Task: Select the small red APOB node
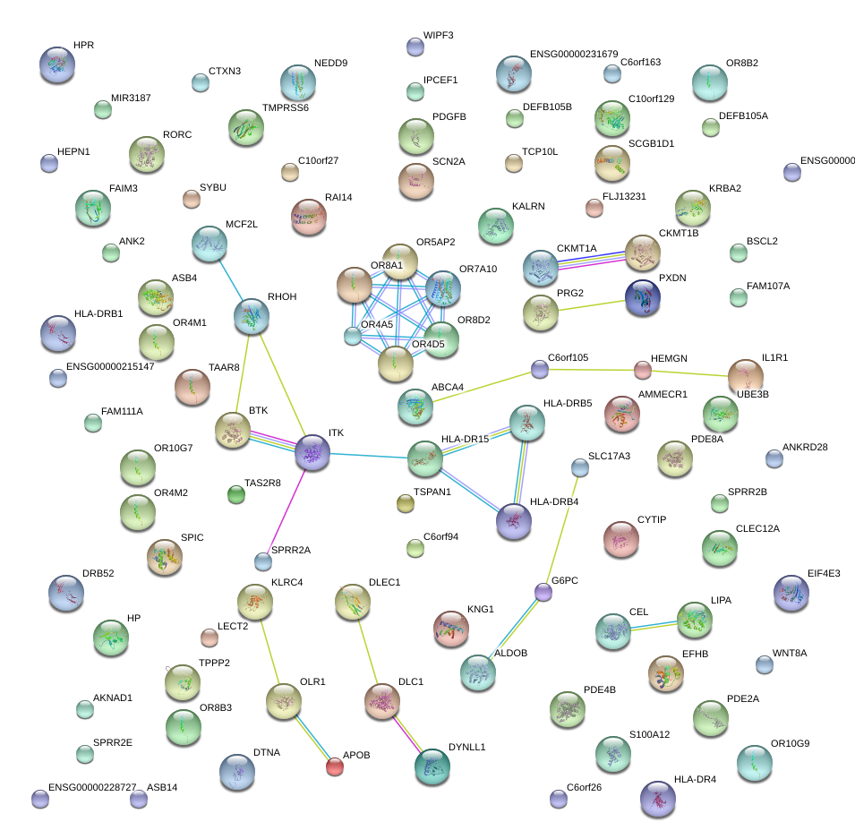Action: point(334,766)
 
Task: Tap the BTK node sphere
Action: point(233,431)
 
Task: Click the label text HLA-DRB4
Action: point(554,501)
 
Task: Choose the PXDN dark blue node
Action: point(643,298)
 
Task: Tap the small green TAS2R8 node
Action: point(236,493)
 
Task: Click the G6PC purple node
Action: point(543,592)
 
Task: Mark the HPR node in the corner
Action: point(57,64)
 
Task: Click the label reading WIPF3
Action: point(438,36)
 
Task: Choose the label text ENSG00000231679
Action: point(574,55)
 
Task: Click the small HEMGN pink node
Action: point(642,369)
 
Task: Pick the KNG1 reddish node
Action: point(450,629)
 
